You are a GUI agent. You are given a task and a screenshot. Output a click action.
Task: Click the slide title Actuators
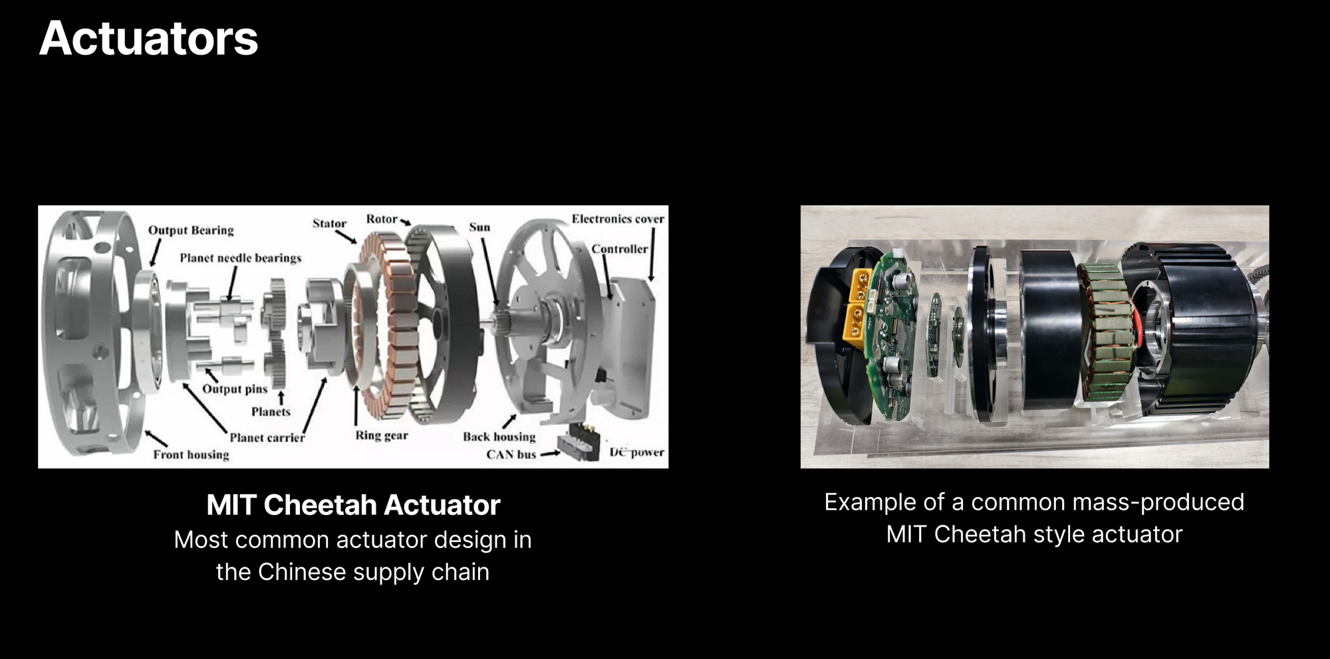click(x=148, y=39)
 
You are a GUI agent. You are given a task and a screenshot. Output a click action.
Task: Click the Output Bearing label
click(x=191, y=231)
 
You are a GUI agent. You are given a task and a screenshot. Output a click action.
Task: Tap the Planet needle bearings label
click(x=240, y=258)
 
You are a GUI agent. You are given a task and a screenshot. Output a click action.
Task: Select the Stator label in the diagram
click(x=329, y=223)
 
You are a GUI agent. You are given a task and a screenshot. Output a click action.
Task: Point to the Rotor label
click(x=382, y=219)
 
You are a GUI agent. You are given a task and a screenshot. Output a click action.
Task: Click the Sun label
click(x=479, y=227)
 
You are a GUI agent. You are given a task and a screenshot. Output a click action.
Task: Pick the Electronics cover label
click(x=618, y=219)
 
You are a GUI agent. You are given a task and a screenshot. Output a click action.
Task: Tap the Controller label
click(x=620, y=249)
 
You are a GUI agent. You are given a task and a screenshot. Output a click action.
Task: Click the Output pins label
click(x=235, y=389)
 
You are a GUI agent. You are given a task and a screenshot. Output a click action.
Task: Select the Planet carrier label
click(x=267, y=437)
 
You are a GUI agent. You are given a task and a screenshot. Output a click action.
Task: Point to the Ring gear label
click(x=382, y=436)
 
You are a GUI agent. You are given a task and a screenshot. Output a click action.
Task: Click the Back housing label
click(x=499, y=436)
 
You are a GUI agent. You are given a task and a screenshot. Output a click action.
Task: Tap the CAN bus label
click(x=511, y=454)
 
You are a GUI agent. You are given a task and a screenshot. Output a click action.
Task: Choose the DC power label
click(x=637, y=452)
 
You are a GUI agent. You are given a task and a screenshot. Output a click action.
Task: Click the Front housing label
click(x=191, y=454)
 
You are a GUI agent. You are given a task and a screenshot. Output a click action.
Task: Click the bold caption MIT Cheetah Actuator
click(x=353, y=505)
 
